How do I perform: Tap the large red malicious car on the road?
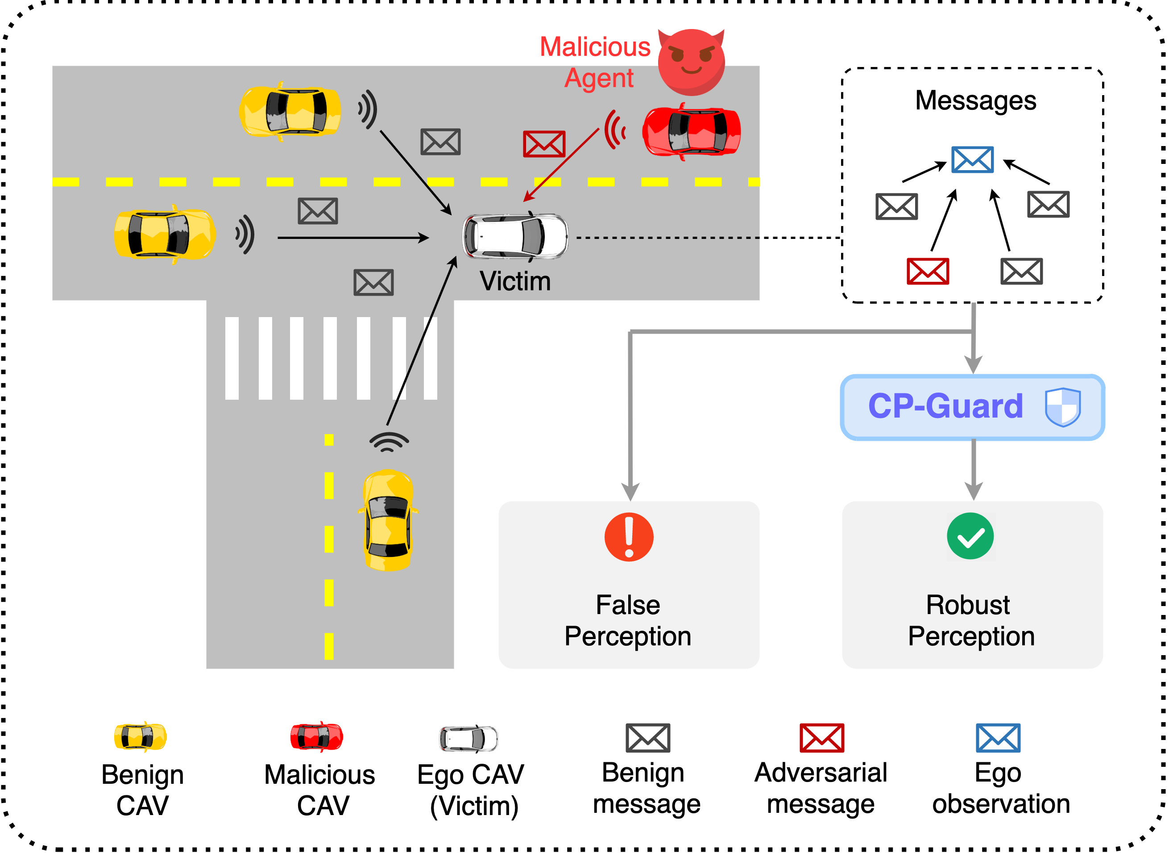(691, 132)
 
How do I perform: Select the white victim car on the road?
(515, 237)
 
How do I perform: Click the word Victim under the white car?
(515, 281)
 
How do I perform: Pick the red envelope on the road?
(544, 143)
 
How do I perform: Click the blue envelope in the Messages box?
(972, 159)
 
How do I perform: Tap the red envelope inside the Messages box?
(927, 271)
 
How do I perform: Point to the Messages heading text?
(975, 100)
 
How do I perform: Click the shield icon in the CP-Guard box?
(1062, 407)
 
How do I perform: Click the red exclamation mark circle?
(628, 536)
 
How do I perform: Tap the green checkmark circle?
(970, 536)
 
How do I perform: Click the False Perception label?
(627, 620)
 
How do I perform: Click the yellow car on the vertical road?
(388, 520)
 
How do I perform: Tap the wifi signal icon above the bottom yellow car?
(389, 443)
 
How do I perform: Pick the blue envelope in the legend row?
(997, 738)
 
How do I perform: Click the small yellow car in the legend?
(140, 736)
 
